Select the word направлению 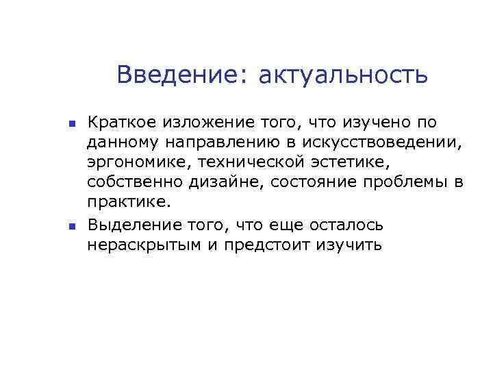213,143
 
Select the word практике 127,203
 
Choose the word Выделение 130,225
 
